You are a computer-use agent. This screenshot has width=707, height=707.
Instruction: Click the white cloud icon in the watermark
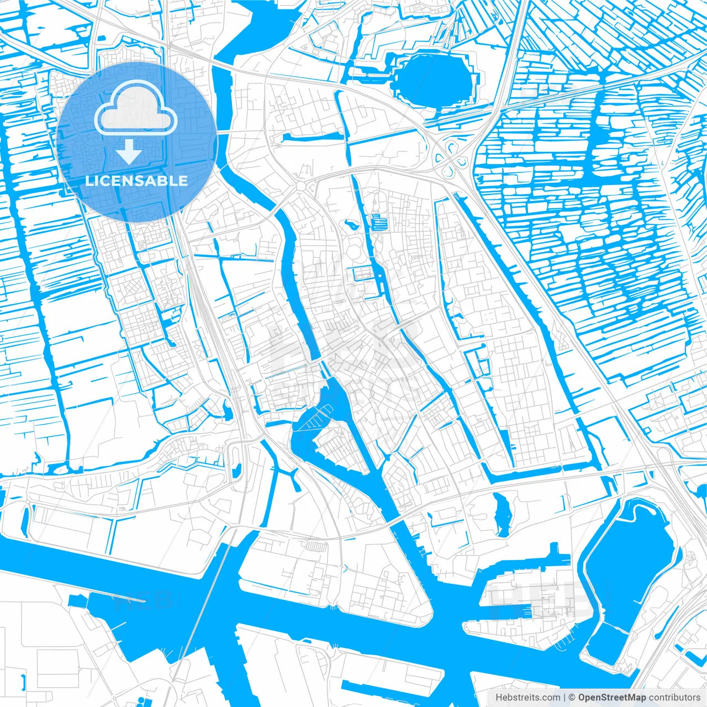click(x=135, y=110)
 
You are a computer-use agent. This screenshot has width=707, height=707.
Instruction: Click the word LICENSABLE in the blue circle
click(x=136, y=181)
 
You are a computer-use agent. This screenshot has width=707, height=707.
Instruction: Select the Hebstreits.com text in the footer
click(x=527, y=698)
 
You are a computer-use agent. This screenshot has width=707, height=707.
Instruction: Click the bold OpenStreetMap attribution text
click(x=612, y=698)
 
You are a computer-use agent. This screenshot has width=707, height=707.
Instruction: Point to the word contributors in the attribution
click(x=674, y=698)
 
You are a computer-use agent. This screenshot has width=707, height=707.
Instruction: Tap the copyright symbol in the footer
click(x=572, y=698)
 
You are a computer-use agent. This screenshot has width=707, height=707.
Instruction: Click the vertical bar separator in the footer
click(x=564, y=698)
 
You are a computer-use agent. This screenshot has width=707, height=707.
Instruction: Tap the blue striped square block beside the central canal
click(x=379, y=223)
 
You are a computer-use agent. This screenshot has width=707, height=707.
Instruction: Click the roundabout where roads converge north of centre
click(x=301, y=187)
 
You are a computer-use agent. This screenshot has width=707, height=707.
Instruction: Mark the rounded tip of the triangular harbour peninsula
click(x=420, y=619)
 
